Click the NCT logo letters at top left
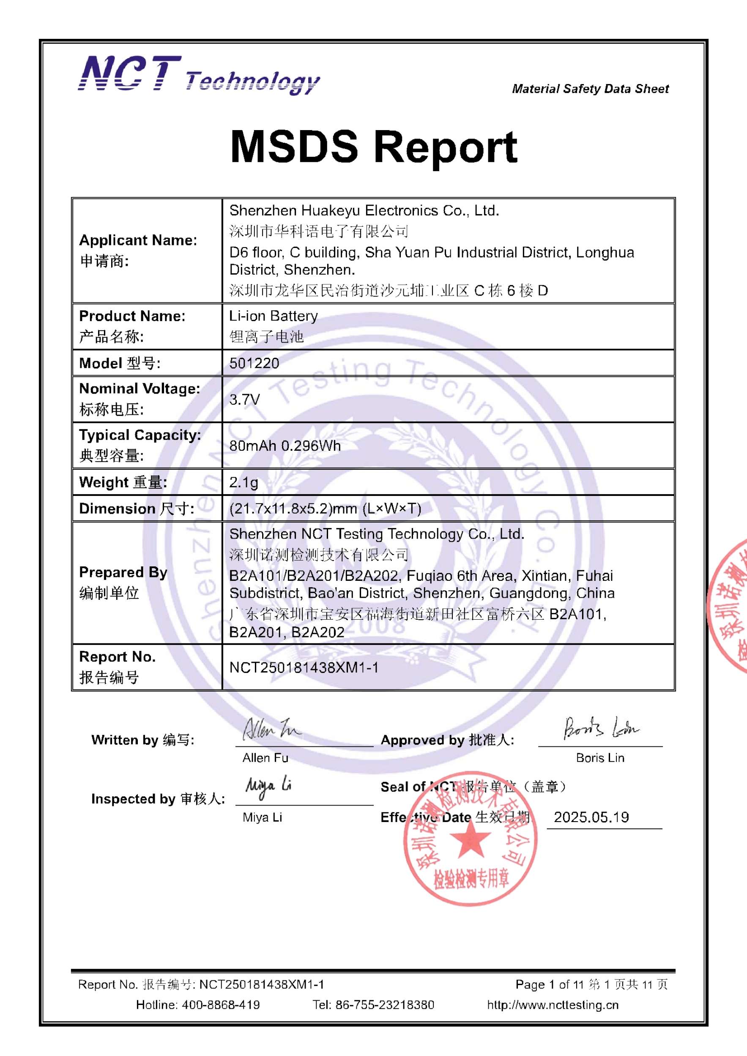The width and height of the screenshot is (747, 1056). pos(130,73)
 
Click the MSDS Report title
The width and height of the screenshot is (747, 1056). pos(373,147)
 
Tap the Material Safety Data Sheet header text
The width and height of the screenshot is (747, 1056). pos(590,89)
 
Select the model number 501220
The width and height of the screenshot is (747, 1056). pos(254,363)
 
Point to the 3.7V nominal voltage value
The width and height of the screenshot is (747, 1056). pos(244,399)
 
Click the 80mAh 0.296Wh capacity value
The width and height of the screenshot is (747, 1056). pos(285,446)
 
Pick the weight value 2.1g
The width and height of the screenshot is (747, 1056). pos(244,482)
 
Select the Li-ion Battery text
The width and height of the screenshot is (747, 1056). pos(274,316)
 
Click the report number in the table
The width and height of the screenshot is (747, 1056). pos(304,667)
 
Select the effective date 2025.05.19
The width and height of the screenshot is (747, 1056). pos(591,817)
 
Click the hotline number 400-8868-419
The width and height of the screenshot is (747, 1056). pos(220,1004)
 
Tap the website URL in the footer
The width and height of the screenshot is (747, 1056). pos(553,1004)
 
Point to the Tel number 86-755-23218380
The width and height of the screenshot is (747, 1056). pos(384,1004)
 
